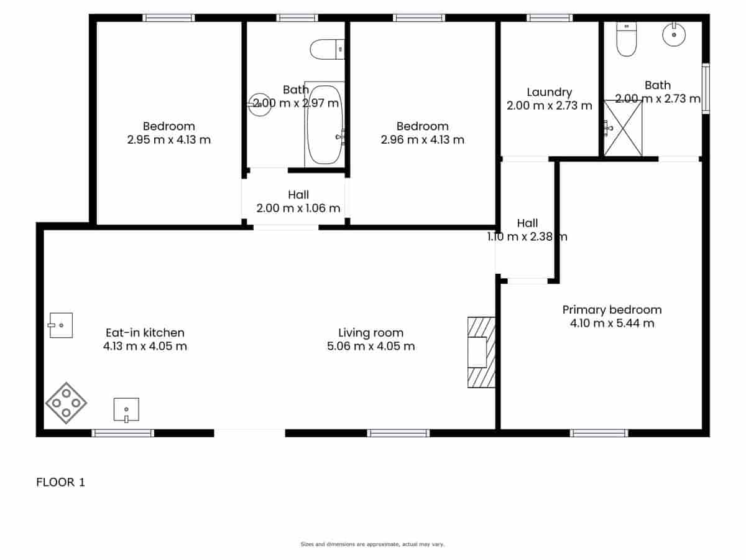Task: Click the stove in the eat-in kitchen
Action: point(66,403)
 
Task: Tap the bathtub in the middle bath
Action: point(324,125)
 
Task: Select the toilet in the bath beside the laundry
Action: point(626,40)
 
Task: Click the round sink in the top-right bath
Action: point(674,34)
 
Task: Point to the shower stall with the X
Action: point(623,128)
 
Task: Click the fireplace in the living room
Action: point(481,353)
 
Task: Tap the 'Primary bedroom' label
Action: point(612,309)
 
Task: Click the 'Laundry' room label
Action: point(549,92)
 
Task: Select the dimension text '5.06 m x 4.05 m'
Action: point(371,346)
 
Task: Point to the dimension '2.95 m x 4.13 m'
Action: point(168,140)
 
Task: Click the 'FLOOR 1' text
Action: point(60,482)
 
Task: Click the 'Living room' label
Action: point(371,333)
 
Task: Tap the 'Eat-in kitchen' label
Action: point(145,333)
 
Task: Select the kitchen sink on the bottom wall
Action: point(126,409)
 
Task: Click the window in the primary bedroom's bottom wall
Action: point(599,433)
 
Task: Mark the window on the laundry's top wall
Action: point(550,18)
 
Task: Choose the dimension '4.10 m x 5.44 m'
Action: point(612,323)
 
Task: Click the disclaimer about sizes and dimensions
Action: point(372,544)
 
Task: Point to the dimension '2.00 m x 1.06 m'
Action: point(298,208)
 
